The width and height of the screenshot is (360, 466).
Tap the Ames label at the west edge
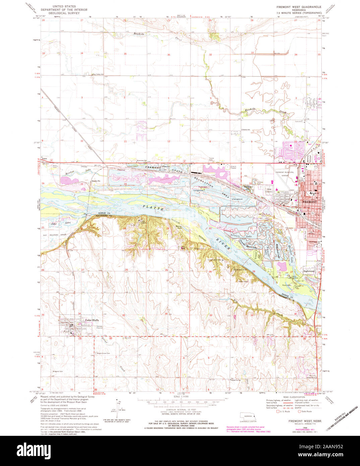pyautogui.click(x=44, y=158)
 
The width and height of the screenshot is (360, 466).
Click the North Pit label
pyautogui.click(x=96, y=181)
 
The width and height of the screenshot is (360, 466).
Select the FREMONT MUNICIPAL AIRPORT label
pyautogui.click(x=285, y=174)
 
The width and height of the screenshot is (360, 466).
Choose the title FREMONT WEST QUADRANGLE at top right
pyautogui.click(x=299, y=7)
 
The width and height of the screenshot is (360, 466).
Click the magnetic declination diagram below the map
pyautogui.click(x=119, y=407)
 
